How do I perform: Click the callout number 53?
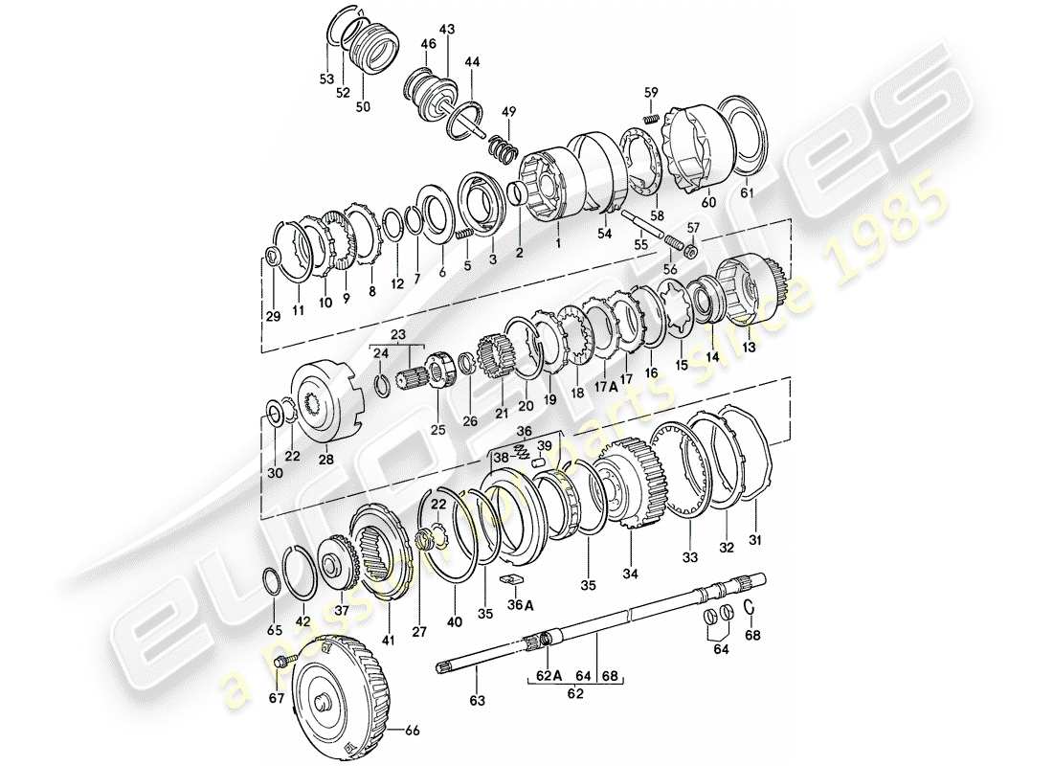325,78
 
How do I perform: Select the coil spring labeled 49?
503,147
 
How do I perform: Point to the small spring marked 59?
649,119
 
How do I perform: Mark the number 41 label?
387,639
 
